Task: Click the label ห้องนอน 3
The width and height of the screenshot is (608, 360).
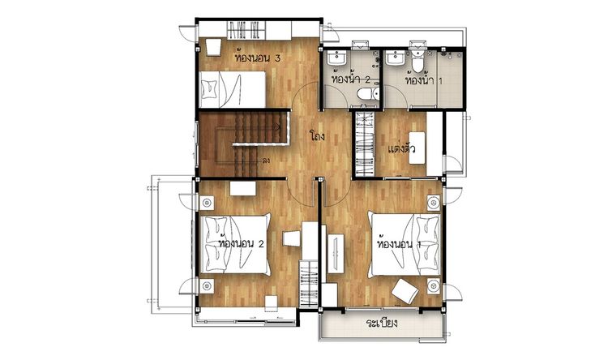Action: pos(257,58)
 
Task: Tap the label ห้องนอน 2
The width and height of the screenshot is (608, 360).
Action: pos(242,243)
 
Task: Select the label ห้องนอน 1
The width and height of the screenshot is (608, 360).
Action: pos(399,244)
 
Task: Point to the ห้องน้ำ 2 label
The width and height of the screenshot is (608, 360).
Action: pos(351,79)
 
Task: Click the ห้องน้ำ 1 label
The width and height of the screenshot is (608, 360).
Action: pos(423,80)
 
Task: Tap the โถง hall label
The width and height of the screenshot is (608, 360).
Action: pos(317,136)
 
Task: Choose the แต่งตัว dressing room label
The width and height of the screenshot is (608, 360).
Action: pos(402,148)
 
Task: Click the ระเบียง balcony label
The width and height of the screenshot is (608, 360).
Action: pos(382,323)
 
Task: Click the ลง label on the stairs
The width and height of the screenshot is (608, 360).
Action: pos(266,160)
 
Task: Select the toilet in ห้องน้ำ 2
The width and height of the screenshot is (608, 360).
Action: pos(367,93)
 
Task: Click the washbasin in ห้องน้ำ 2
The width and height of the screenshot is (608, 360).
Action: pos(336,58)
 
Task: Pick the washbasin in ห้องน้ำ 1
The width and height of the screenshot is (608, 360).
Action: pos(396,58)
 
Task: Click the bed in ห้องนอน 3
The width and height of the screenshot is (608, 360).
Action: pos(233,89)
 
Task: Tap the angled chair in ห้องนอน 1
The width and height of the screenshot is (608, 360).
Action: pos(405,291)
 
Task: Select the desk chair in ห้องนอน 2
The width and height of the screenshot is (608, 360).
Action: pos(292,238)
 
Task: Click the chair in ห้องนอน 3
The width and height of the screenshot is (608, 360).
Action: pos(213,47)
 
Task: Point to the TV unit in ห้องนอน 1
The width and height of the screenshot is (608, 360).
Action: pos(336,253)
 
